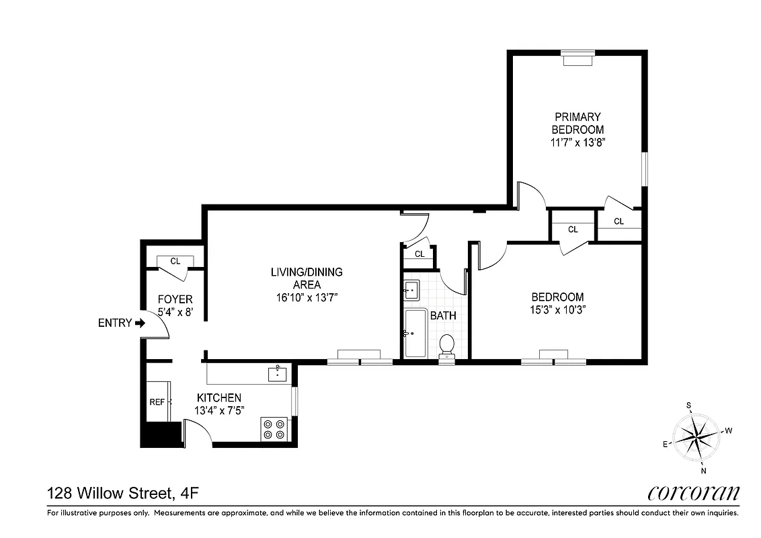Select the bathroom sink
click(x=411, y=291)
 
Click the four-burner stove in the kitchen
click(x=274, y=429)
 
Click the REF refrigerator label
click(x=157, y=401)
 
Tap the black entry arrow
click(x=140, y=323)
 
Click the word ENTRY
click(x=115, y=323)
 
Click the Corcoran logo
click(x=694, y=493)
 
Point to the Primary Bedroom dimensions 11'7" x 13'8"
click(x=577, y=143)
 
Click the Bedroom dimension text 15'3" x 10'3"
click(x=557, y=310)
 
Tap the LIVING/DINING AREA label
click(x=307, y=278)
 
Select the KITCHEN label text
click(x=218, y=398)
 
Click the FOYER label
click(x=175, y=299)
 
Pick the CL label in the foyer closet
click(x=175, y=261)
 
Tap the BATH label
click(x=443, y=315)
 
